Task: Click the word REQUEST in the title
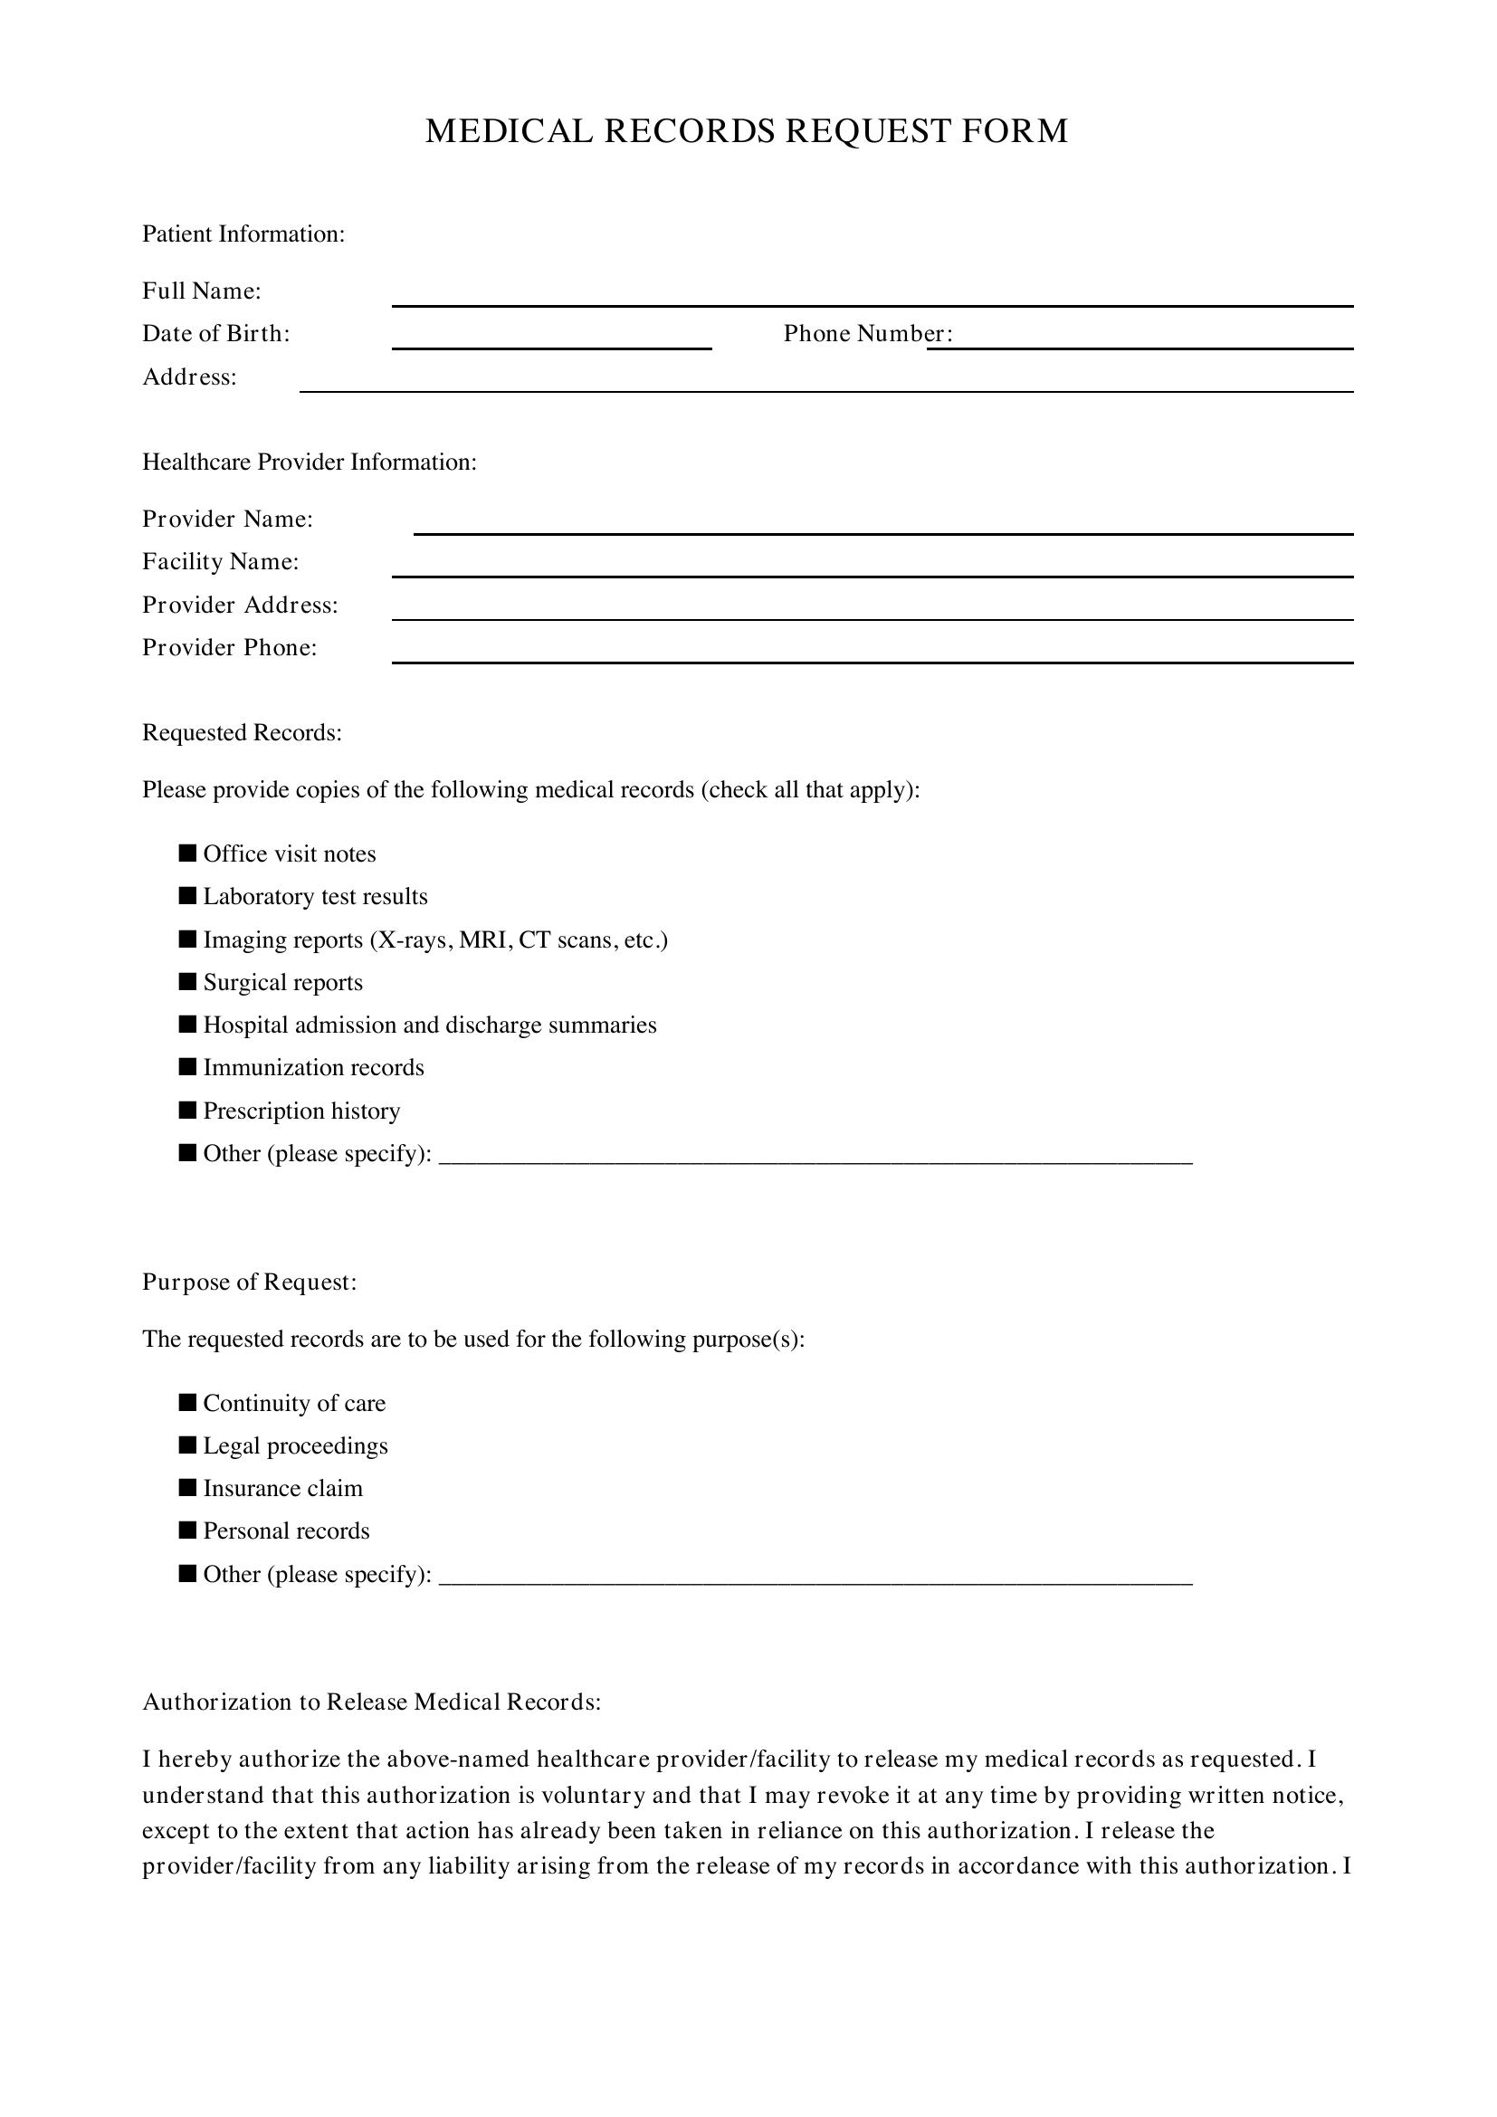(867, 131)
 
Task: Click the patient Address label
(189, 377)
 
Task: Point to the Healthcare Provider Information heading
(309, 462)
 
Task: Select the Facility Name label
(220, 561)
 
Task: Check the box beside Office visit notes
(188, 853)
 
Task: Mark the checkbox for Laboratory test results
(188, 895)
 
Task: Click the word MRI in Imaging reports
(484, 939)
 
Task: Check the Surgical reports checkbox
(188, 981)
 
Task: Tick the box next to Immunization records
(188, 1067)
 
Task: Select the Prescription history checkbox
(188, 1110)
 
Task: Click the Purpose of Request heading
(249, 1282)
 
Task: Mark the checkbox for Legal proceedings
(188, 1445)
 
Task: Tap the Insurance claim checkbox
(188, 1487)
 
